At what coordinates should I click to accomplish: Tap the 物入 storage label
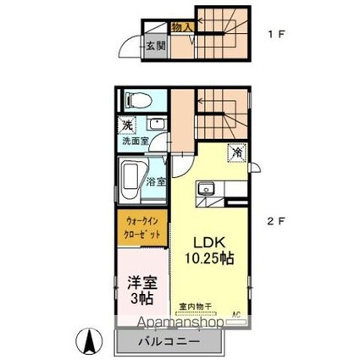coord(182,27)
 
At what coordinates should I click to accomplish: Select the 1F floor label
coord(275,35)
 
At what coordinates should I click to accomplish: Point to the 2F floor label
coord(277,222)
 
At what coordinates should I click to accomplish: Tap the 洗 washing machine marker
coord(127,126)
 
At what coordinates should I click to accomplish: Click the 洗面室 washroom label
coord(133,141)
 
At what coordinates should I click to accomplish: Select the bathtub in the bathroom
coord(132,180)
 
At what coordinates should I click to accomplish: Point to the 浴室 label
coord(155,181)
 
